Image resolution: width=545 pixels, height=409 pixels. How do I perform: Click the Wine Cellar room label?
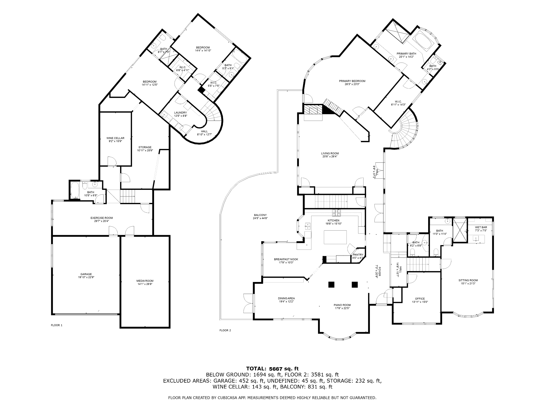(115, 138)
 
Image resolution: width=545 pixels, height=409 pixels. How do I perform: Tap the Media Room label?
(145, 281)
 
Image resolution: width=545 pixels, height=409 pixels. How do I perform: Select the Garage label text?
(86, 274)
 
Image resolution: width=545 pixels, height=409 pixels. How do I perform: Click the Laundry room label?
(180, 113)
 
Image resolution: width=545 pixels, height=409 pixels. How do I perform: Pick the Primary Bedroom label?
(352, 81)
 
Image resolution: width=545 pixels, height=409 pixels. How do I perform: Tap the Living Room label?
(330, 153)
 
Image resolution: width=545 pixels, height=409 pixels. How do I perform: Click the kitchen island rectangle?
(335, 237)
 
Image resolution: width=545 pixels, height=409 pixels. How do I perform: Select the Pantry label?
(358, 255)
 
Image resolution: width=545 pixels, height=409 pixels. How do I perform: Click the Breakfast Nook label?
(286, 259)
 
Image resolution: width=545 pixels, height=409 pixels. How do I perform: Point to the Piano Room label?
(342, 305)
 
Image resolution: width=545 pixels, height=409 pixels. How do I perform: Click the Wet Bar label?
(481, 227)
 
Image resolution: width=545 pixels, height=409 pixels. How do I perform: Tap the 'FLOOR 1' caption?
(56, 325)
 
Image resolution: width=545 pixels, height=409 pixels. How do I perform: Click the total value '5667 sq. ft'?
(284, 369)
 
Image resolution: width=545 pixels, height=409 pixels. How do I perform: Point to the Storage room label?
(145, 147)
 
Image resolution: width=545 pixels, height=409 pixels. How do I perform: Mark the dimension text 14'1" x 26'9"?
(145, 284)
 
